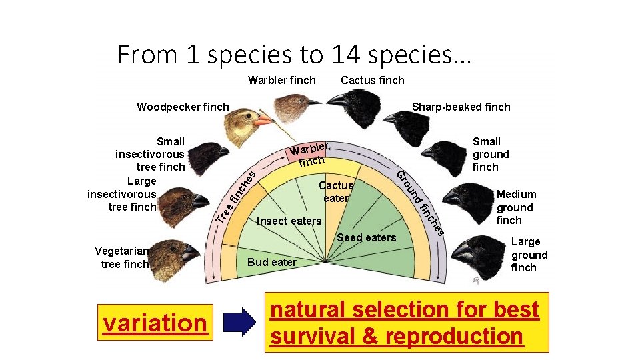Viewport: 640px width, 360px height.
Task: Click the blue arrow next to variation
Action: [x=239, y=322]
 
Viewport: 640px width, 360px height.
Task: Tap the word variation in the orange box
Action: [x=155, y=323]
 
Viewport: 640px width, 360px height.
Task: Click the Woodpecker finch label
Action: [x=182, y=107]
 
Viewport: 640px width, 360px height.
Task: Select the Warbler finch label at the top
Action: [x=281, y=81]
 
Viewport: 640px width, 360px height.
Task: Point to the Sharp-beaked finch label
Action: [x=461, y=107]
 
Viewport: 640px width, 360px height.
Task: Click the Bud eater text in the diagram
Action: [x=271, y=262]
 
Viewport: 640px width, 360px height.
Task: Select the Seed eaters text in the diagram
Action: [x=366, y=237]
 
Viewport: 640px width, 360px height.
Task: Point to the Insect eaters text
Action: [x=289, y=221]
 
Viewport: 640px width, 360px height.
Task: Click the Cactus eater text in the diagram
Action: [x=336, y=191]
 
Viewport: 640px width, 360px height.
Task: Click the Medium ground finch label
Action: [x=515, y=207]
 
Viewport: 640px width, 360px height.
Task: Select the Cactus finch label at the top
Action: [x=372, y=81]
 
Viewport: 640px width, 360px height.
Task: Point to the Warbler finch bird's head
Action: [x=293, y=103]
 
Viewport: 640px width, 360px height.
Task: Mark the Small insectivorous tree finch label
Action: [x=151, y=154]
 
